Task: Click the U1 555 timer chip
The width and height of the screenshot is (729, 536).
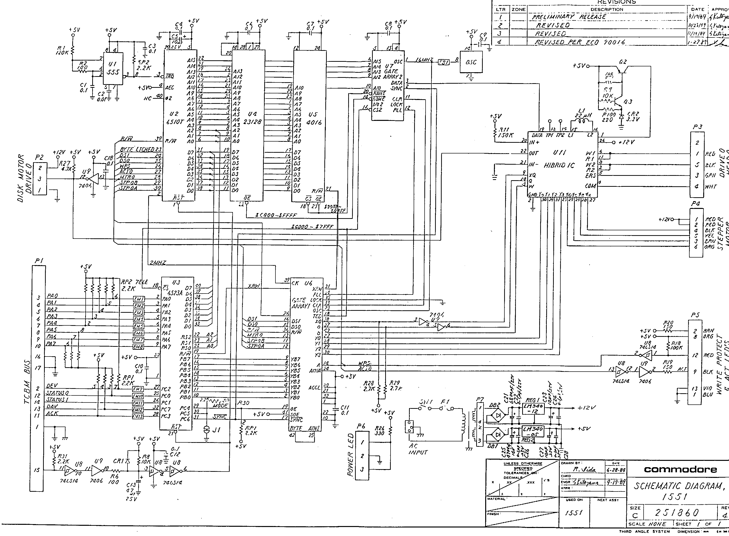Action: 113,69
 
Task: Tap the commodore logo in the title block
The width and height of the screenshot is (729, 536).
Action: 680,470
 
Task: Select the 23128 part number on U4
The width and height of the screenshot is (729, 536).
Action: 252,122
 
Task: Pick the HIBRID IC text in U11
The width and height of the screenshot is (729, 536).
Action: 559,165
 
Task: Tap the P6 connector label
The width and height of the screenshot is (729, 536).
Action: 361,427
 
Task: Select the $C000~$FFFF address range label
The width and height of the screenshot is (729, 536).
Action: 276,215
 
